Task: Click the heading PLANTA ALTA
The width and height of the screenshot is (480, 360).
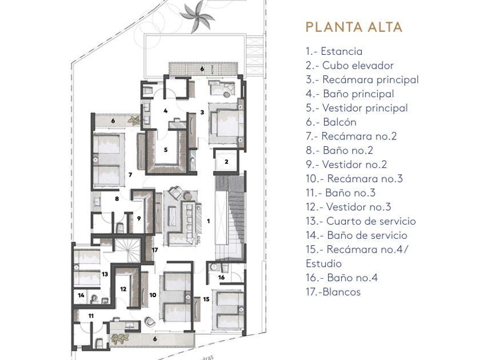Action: (354, 27)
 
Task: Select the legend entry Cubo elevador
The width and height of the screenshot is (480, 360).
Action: (350, 66)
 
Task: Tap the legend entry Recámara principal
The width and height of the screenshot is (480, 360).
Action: (362, 79)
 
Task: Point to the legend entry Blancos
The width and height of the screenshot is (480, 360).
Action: (333, 292)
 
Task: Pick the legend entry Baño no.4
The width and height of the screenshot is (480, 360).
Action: (342, 278)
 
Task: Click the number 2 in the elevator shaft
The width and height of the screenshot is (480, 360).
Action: (226, 162)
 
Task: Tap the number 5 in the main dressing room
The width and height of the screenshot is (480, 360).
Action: (166, 150)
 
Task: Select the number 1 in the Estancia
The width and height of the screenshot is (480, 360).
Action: (208, 220)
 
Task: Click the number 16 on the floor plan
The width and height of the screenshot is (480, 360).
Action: (222, 277)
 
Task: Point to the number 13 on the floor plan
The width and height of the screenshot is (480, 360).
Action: (105, 274)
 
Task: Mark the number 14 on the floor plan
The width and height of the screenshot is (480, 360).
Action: (81, 295)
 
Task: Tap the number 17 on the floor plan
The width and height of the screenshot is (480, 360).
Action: (155, 250)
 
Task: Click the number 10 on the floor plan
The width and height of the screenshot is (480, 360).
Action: (153, 295)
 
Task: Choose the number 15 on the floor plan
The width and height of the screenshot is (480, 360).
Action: (206, 298)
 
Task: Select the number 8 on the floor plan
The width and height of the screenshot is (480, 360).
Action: (117, 199)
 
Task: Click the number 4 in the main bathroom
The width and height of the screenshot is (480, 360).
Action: (166, 111)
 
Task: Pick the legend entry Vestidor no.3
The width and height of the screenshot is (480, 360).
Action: (349, 207)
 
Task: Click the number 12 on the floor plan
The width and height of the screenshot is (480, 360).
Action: (123, 289)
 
